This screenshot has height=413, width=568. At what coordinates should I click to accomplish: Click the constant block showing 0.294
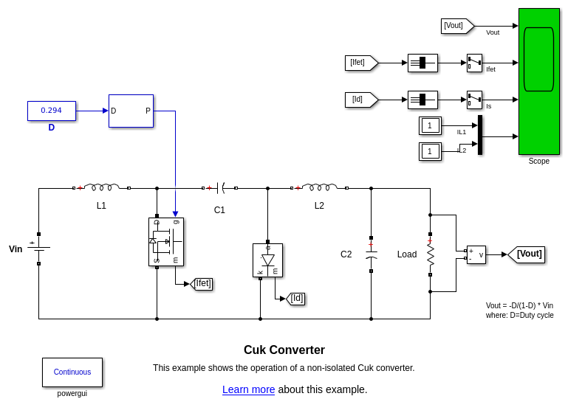coord(52,111)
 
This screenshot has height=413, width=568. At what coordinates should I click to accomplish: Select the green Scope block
coord(538,81)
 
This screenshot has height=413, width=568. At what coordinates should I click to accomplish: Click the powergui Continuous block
coord(72,372)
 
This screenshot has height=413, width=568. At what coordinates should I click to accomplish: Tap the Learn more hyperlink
coord(248,389)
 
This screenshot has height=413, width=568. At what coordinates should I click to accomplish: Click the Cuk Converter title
coord(284,350)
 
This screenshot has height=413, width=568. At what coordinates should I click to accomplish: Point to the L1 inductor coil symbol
coord(101,187)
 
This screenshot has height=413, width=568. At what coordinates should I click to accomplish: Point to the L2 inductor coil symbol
coord(319,187)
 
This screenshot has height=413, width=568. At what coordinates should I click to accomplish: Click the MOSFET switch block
coord(166,241)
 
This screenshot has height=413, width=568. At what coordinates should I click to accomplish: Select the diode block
coord(267,260)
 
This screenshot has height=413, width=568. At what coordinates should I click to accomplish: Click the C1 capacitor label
coord(219,210)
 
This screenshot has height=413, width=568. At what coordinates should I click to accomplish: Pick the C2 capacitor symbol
coord(371,254)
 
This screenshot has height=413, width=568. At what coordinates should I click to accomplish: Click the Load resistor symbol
coord(430,254)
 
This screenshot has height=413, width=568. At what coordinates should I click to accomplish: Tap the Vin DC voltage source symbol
coord(38,248)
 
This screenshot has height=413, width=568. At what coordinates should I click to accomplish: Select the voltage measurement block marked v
coord(476,254)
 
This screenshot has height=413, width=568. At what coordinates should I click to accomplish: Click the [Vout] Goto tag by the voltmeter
coord(527,254)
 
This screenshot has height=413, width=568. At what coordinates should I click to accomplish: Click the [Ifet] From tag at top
coord(360,63)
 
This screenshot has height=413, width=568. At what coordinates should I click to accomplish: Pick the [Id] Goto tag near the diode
coord(295,299)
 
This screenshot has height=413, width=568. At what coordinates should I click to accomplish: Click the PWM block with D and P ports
coord(131,111)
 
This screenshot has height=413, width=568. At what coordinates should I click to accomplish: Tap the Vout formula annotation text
coord(519,310)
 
